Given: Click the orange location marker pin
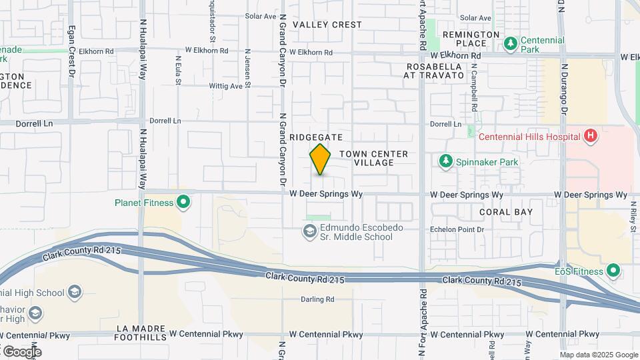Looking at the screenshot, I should pos(321,159).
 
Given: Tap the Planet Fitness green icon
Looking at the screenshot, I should pos(185,203).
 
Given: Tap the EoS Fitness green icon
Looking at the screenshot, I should pos(613,271).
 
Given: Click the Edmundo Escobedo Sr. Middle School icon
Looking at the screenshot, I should pos(309,232).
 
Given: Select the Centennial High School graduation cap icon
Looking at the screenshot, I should pos(75,293).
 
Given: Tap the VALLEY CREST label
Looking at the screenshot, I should pos(327,25).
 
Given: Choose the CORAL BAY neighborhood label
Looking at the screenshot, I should pos(506,212).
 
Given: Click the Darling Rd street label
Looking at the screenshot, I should pos(317,300).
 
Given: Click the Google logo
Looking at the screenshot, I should pos(21,351).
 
